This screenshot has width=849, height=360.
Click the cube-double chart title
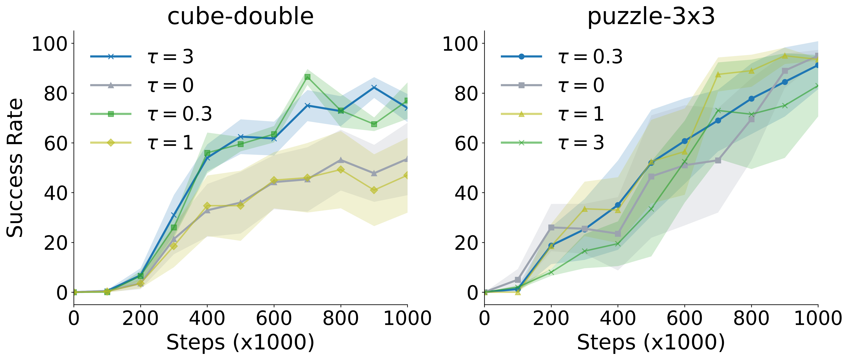pyautogui.click(x=240, y=17)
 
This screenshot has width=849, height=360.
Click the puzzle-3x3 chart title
pyautogui.click(x=651, y=17)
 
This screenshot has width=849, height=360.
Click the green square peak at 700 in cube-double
pyautogui.click(x=307, y=77)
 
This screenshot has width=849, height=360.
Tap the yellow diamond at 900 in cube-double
pyautogui.click(x=374, y=190)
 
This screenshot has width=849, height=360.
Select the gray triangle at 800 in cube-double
pyautogui.click(x=340, y=160)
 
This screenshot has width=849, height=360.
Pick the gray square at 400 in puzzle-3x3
pyautogui.click(x=618, y=234)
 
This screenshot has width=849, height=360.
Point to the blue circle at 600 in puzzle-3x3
pyautogui.click(x=685, y=141)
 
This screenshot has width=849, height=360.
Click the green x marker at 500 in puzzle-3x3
pyautogui.click(x=651, y=209)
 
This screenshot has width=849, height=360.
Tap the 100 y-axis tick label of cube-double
pyautogui.click(x=49, y=44)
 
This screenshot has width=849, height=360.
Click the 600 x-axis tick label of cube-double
pyautogui.click(x=274, y=318)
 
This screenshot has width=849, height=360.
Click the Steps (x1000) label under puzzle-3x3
pyautogui.click(x=651, y=342)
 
